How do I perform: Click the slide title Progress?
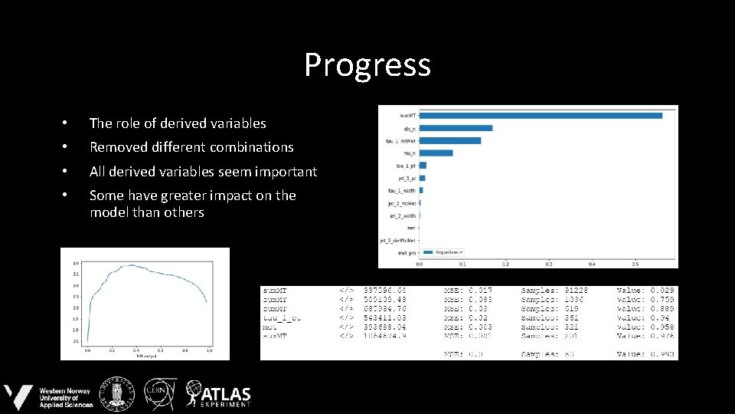tap(367, 65)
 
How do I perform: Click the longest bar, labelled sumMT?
tap(541, 116)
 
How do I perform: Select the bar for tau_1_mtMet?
tap(450, 140)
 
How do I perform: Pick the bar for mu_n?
tap(436, 153)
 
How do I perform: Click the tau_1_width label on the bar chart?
tap(401, 190)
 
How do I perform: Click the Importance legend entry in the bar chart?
tap(447, 251)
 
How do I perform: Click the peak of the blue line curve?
tap(132, 265)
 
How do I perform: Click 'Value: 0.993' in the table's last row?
tap(646, 353)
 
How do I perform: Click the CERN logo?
tap(162, 393)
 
